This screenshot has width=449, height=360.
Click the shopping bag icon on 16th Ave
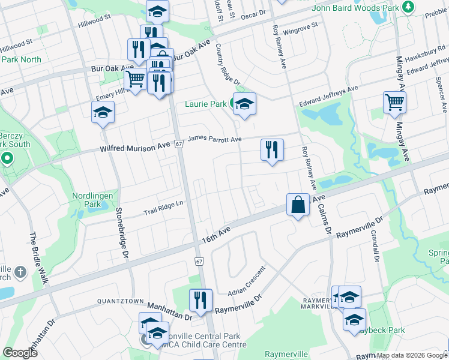pyautogui.click(x=298, y=205)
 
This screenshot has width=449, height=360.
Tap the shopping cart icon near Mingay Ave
pyautogui.click(x=394, y=103)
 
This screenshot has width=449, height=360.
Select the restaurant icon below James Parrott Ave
pyautogui.click(x=271, y=150)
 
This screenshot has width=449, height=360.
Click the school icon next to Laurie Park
pyautogui.click(x=244, y=104)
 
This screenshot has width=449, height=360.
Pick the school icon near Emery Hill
pyautogui.click(x=103, y=112)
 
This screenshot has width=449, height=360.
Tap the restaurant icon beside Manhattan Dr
pyautogui.click(x=200, y=299)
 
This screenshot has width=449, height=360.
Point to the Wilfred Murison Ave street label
pyautogui.click(x=135, y=146)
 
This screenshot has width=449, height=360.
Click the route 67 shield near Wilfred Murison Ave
pyautogui.click(x=179, y=144)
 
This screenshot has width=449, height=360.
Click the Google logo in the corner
pyautogui.click(x=20, y=352)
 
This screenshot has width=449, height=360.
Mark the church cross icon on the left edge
pyautogui.click(x=20, y=272)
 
